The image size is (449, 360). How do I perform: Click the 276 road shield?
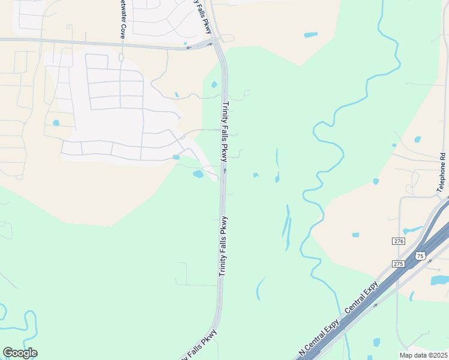pos(399,241)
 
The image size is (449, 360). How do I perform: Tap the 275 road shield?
pos(399,263)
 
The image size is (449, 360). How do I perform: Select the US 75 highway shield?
pos(420,256)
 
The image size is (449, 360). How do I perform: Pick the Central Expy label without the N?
pos(361,298)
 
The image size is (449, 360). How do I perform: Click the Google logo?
pos(20,353)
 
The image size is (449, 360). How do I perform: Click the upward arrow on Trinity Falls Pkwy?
pos(225,170)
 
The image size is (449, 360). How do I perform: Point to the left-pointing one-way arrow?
pos(189,47)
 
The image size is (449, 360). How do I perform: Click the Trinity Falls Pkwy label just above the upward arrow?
pos(225,132)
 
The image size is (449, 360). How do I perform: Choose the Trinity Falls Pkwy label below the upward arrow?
pos(223,246)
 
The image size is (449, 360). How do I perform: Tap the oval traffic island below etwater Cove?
pos(121,58)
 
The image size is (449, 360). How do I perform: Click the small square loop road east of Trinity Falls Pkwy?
pos(246,93)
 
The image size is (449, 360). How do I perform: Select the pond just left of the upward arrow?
pos(198,175)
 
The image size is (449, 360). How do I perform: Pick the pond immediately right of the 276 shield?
pos(413,230)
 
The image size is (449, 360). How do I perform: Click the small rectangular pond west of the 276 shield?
pos(355,235)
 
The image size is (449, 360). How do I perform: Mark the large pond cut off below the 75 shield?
pos(439,280)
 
